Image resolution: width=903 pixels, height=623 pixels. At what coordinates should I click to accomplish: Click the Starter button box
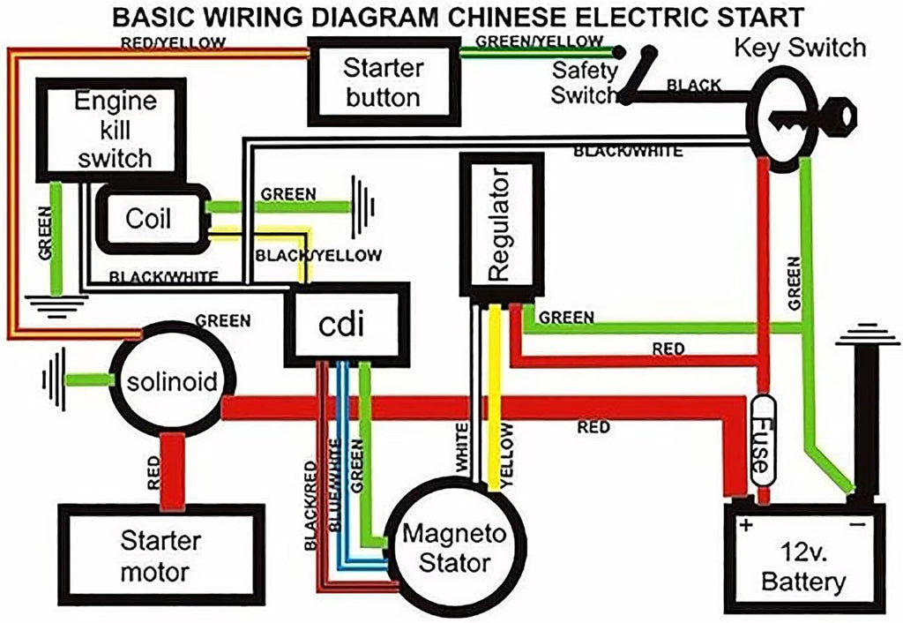383,82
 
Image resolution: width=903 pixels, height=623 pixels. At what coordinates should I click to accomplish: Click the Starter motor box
160,556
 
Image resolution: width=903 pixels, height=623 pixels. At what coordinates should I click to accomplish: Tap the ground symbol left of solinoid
56,379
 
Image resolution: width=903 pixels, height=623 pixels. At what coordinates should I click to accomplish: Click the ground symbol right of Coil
362,207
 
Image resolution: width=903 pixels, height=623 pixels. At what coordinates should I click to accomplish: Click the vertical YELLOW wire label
507,454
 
